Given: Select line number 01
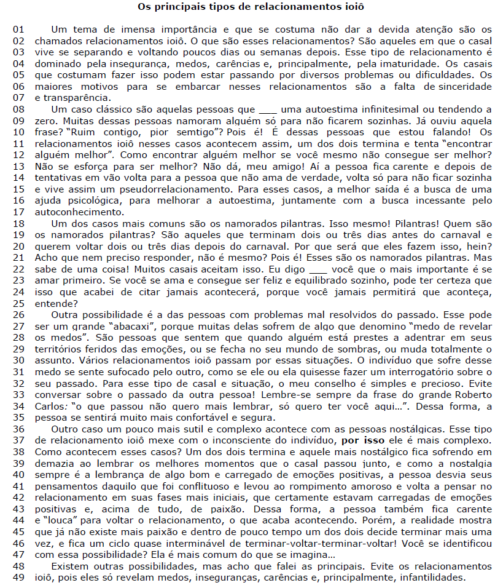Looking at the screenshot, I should [x=19, y=29].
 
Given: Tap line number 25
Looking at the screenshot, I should [x=19, y=303].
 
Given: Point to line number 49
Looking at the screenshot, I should [x=19, y=578].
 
